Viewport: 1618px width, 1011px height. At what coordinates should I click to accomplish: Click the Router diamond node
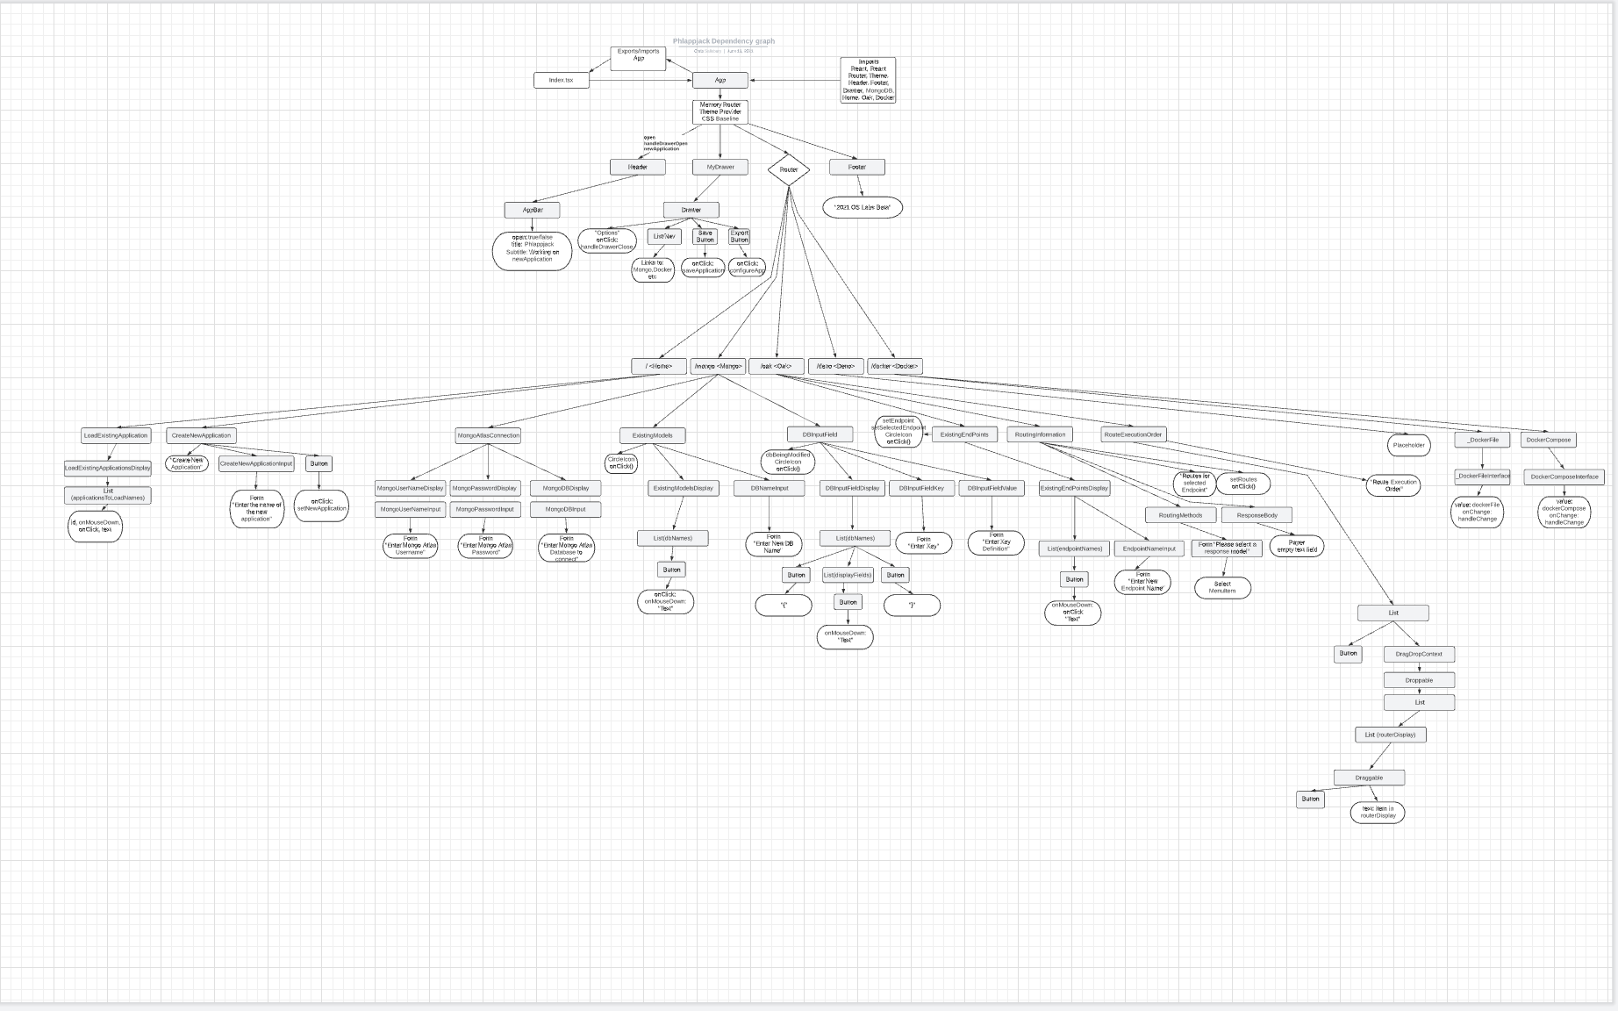pos(788,169)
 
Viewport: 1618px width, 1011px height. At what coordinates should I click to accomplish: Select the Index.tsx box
pos(561,80)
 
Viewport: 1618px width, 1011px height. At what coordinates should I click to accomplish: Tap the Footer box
pos(856,167)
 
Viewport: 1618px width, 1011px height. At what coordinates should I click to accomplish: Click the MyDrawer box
pos(720,167)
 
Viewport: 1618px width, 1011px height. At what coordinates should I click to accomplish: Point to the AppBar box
pos(533,211)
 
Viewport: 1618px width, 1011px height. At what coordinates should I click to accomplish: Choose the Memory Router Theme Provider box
pos(720,111)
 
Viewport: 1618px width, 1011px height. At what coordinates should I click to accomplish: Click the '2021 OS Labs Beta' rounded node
pos(863,207)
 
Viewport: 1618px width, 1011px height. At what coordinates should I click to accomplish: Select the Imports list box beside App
pos(868,80)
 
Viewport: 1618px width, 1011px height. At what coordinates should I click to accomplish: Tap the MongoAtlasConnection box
pos(488,435)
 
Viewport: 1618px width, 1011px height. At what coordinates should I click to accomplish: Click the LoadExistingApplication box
pos(116,435)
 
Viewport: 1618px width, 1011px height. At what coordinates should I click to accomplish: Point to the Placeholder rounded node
pos(1409,445)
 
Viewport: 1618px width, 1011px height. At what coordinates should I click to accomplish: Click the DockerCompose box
pos(1548,440)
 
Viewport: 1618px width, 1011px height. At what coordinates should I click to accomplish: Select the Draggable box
pos(1369,778)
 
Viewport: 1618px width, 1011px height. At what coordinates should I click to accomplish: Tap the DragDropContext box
pos(1419,654)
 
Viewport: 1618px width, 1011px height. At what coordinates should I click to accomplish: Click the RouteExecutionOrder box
pos(1133,434)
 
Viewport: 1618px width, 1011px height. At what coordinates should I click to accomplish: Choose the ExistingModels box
pos(652,435)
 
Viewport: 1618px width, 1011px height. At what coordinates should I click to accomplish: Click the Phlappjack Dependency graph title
pos(724,41)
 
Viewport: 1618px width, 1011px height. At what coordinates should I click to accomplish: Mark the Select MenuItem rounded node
pos(1222,587)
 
